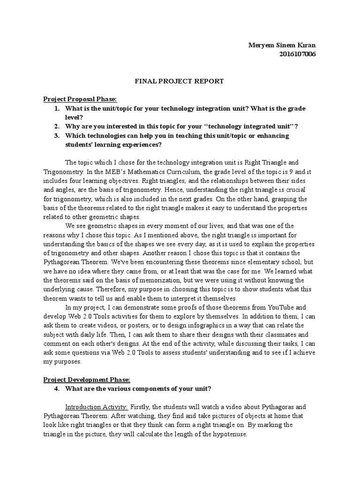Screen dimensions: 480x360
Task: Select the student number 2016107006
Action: tap(297, 54)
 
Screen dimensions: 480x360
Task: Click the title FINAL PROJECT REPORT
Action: tap(173, 81)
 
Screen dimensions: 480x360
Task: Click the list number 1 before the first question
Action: tap(56, 108)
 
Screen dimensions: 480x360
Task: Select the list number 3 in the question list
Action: tap(56, 135)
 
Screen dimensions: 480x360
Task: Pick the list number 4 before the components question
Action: tap(56, 388)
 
